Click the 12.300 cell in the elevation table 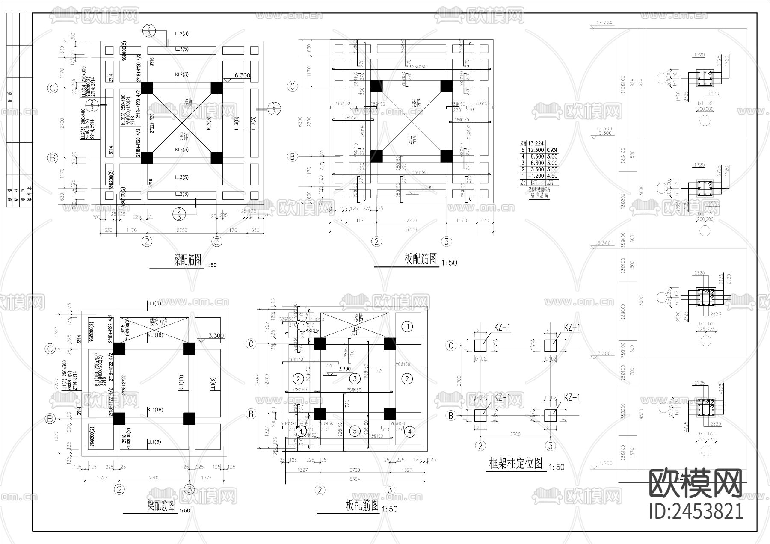coord(536,150)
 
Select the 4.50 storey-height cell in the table coord(552,176)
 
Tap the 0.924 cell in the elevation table coord(552,150)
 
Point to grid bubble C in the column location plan coord(450,346)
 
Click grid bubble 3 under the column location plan coord(550,446)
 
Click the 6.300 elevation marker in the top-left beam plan coord(242,76)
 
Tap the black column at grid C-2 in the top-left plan coord(147,88)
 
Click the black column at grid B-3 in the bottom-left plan coord(189,418)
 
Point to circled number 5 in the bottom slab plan coord(355,431)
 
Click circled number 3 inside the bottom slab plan coord(355,378)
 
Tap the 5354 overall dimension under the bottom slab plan coord(354,479)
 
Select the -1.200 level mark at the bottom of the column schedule coord(606,463)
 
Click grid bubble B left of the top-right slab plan coord(293,156)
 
